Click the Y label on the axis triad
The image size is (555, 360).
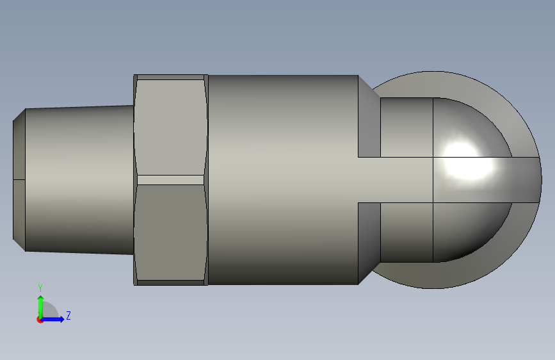pyautogui.click(x=40, y=288)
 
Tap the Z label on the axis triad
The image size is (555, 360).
pyautogui.click(x=68, y=315)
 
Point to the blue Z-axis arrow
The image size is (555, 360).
pyautogui.click(x=55, y=318)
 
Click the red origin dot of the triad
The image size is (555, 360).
pyautogui.click(x=40, y=320)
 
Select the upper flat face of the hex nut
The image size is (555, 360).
pyautogui.click(x=170, y=125)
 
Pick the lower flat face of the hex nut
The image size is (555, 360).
pyautogui.click(x=170, y=232)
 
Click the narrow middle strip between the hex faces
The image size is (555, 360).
pyautogui.click(x=170, y=180)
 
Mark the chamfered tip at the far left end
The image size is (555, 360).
pyautogui.click(x=19, y=179)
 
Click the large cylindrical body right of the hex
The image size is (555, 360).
pyautogui.click(x=282, y=179)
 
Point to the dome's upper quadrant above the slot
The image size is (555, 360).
pyautogui.click(x=467, y=128)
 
